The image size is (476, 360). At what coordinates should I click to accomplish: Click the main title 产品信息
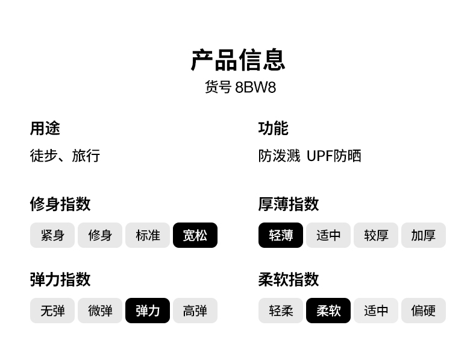(x=238, y=60)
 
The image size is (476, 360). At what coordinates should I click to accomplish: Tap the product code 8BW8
(x=255, y=87)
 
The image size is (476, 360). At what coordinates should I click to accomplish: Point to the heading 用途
(x=45, y=128)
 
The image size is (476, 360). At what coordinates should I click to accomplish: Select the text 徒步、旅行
(x=65, y=156)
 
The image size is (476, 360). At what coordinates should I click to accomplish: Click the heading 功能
(x=273, y=128)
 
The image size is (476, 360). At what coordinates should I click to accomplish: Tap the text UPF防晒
(x=334, y=156)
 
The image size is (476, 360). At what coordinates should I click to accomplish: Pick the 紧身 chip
(x=52, y=235)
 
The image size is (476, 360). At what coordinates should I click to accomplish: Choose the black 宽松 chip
(x=195, y=235)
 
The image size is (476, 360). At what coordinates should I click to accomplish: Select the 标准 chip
(x=148, y=235)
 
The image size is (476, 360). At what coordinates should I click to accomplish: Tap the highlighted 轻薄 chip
(x=281, y=235)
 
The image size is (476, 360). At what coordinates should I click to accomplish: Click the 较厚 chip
(x=376, y=235)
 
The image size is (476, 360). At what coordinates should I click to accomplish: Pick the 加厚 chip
(x=424, y=235)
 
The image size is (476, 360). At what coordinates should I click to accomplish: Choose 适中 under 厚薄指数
(x=328, y=235)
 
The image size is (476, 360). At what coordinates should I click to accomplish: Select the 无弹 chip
(x=52, y=311)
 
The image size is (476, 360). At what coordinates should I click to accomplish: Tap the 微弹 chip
(x=100, y=311)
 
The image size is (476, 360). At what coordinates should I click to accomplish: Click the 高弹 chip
(x=195, y=311)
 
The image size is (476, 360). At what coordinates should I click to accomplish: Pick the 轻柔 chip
(x=281, y=311)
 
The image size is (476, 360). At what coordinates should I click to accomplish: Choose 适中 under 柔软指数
(x=376, y=311)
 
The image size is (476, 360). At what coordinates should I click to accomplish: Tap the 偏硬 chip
(x=424, y=311)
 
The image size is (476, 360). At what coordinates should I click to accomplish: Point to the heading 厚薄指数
(x=289, y=204)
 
